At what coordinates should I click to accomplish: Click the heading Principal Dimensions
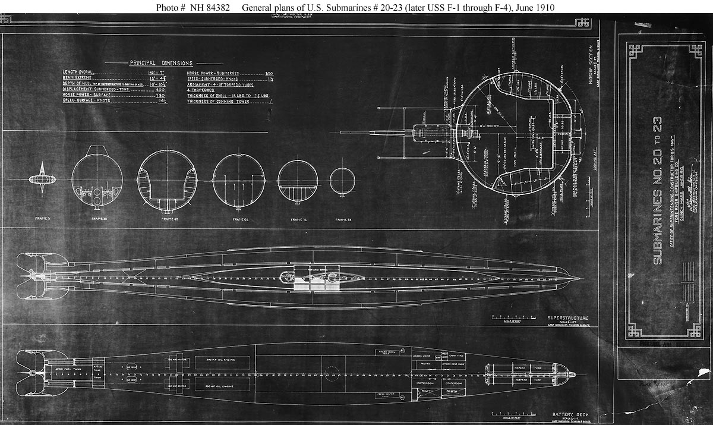(161, 63)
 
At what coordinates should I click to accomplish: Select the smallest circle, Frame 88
(343, 182)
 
